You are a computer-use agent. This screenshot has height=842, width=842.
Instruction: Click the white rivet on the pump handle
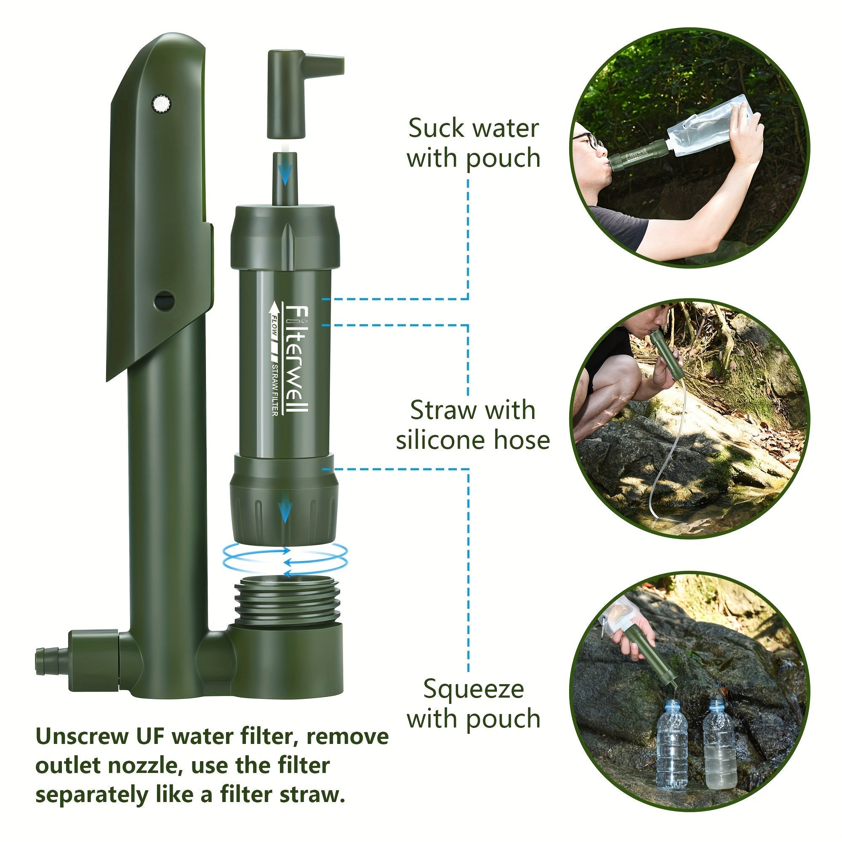point(162,104)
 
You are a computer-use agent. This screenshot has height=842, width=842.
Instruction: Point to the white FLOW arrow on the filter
point(275,331)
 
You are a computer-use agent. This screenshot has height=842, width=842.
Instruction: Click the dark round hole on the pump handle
point(165,300)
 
